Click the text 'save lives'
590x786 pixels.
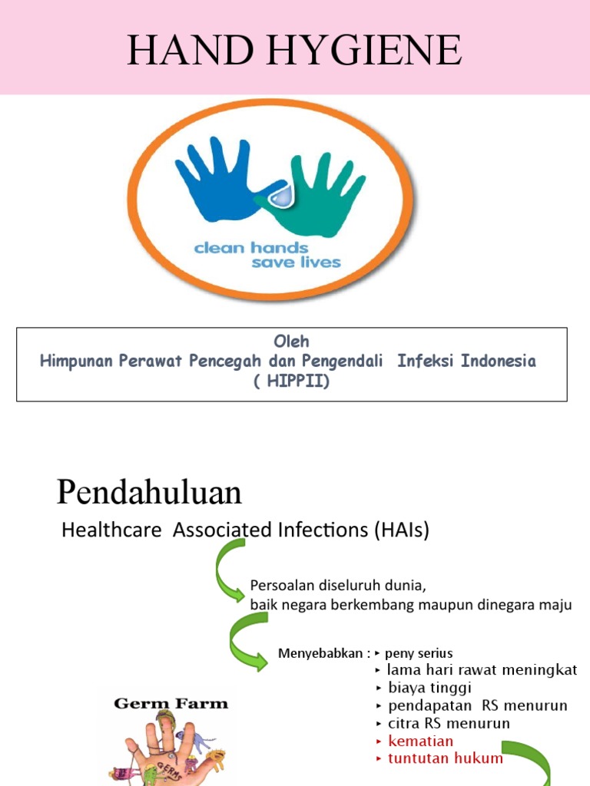pos(296,263)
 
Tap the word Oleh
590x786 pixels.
pos(292,341)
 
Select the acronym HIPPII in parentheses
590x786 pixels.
pos(292,381)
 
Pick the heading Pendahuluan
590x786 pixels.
pos(149,492)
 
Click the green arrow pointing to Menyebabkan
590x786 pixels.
pos(249,645)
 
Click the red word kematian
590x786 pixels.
pos(420,741)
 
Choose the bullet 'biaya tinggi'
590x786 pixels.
pos(429,688)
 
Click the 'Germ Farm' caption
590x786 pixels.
pos(171,702)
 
